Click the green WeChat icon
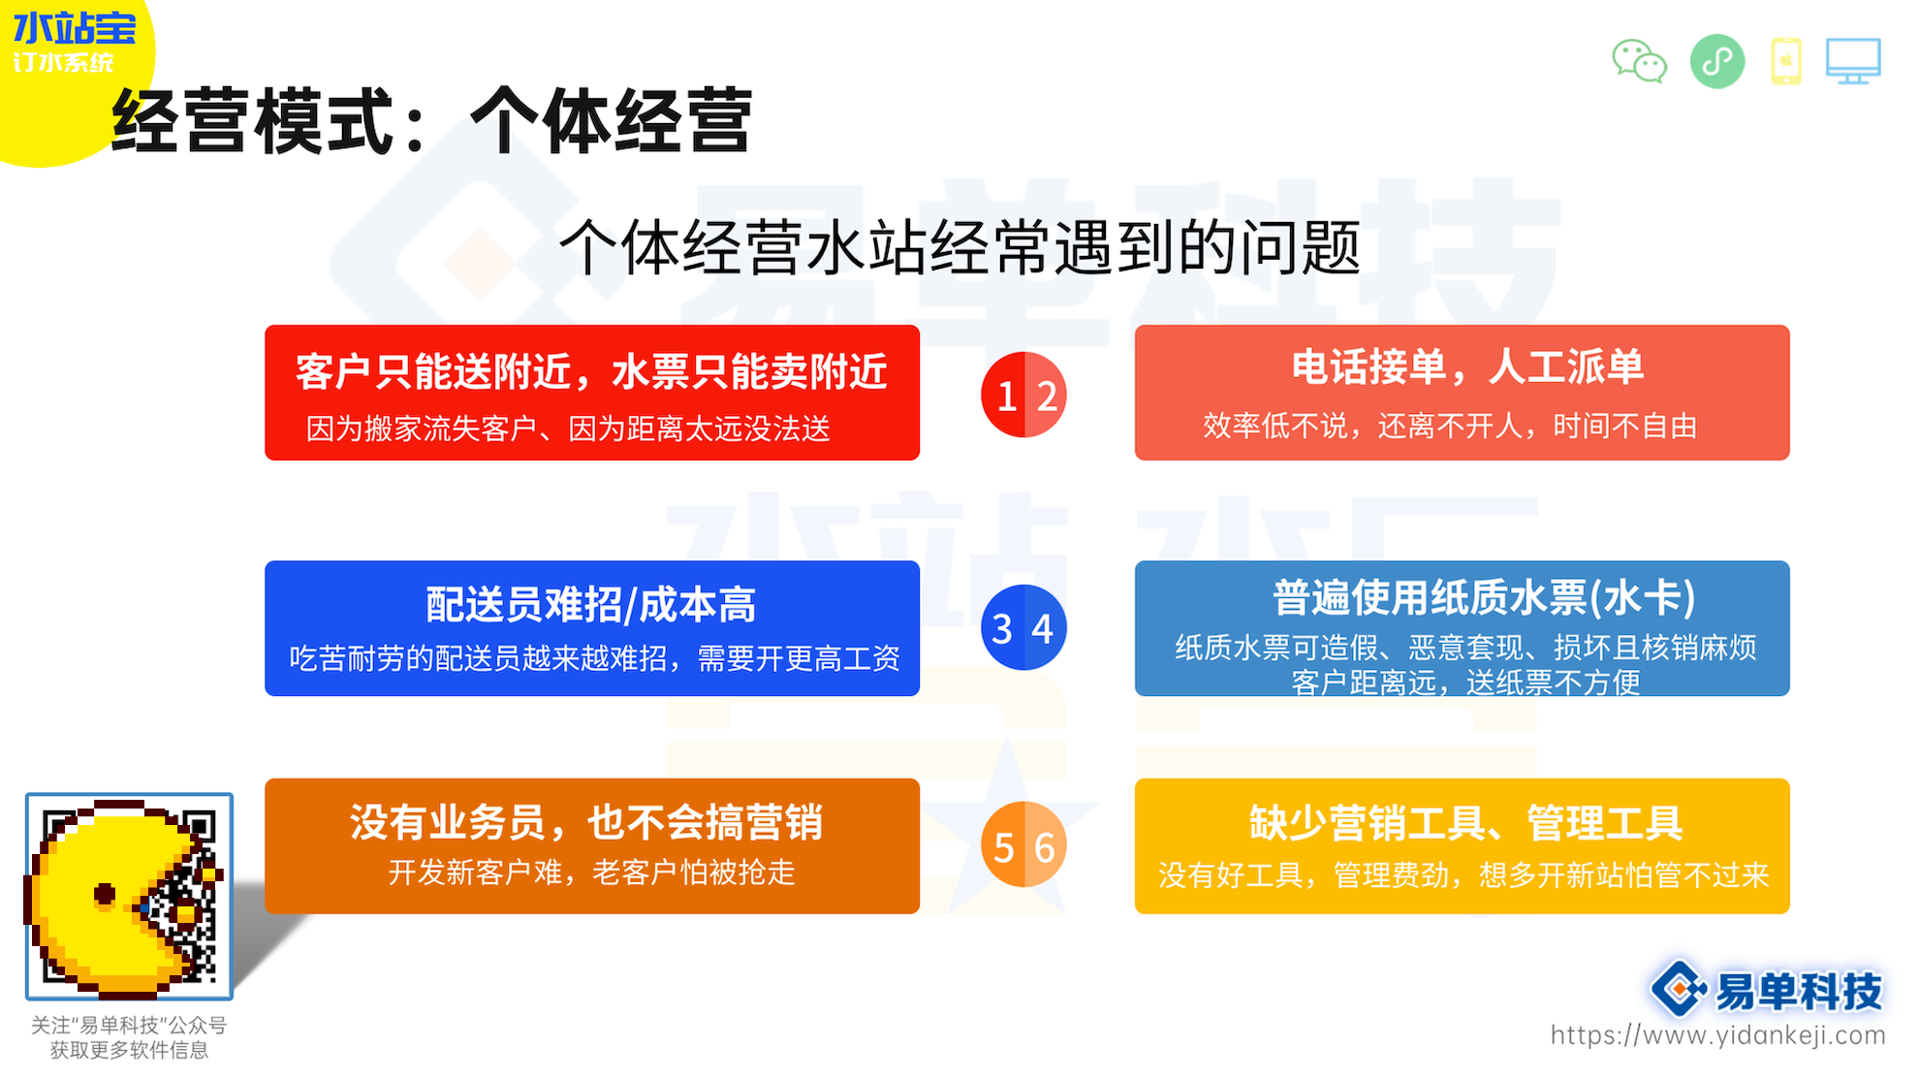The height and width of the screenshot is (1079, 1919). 1639,62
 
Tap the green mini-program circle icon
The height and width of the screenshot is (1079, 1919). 1716,62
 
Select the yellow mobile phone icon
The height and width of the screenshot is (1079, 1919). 1785,62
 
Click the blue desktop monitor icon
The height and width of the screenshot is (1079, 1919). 1853,62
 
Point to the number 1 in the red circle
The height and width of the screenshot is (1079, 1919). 1007,396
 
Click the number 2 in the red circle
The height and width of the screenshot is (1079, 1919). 1047,396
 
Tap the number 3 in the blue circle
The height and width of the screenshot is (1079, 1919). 1003,629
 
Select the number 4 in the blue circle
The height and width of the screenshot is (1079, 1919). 1043,629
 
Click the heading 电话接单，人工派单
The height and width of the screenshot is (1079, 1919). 1467,367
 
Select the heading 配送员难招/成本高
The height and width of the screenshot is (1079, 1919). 591,605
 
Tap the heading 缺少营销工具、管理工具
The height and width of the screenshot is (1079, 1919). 1465,823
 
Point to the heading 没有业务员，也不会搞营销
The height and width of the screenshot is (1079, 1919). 586,823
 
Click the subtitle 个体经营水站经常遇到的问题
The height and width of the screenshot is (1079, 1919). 960,247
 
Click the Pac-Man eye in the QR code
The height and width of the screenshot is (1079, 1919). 105,894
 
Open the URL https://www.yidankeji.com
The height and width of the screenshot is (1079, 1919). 1717,1035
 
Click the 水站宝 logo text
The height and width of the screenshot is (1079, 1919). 75,28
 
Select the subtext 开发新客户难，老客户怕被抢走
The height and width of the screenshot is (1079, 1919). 591,873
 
